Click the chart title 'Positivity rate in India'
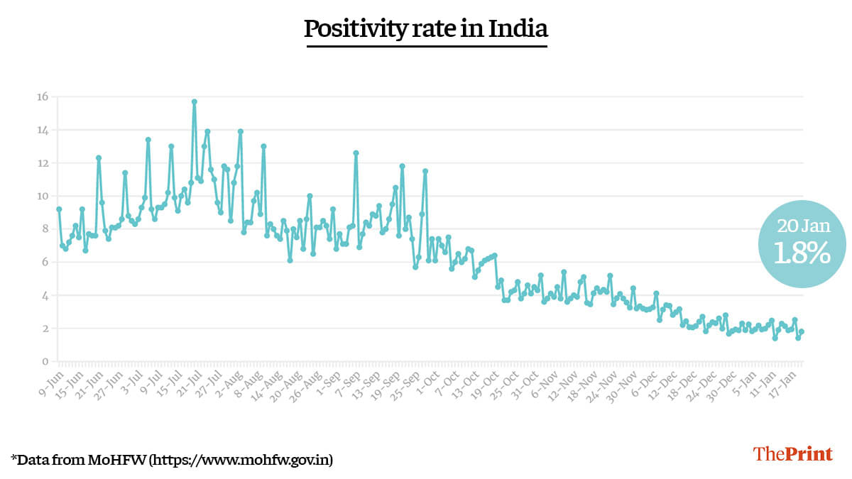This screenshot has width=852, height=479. [x=426, y=28]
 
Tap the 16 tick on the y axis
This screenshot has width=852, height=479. [x=43, y=97]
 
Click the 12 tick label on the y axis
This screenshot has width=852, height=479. [x=43, y=163]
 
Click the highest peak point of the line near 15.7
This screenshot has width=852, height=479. [x=194, y=101]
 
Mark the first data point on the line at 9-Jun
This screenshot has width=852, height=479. [x=59, y=209]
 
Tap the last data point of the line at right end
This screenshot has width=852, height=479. [x=802, y=331]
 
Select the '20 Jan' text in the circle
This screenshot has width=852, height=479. [x=802, y=226]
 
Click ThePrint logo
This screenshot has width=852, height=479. [x=792, y=454]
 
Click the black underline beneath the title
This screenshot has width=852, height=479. [x=426, y=47]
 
